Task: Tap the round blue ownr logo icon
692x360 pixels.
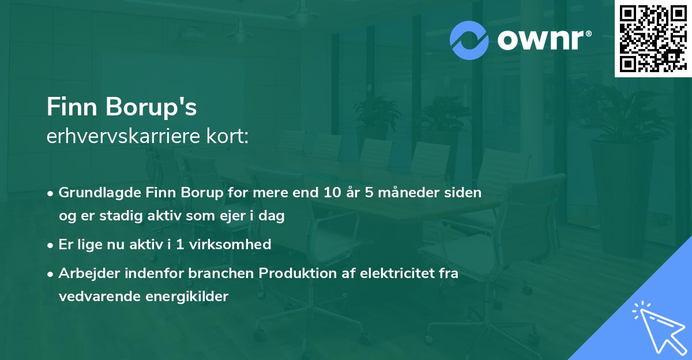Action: [469, 40]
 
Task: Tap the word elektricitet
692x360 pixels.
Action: [393, 273]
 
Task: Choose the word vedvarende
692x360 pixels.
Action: [96, 297]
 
